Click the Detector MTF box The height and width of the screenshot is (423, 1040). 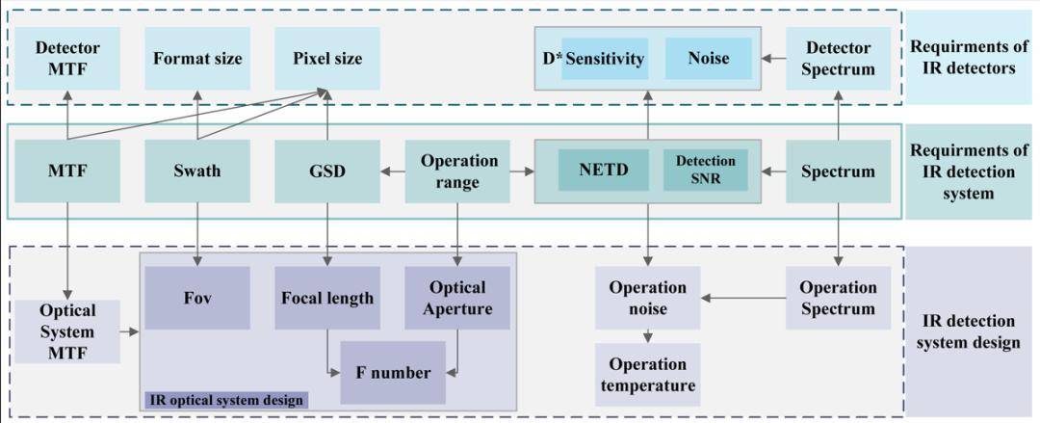tap(67, 59)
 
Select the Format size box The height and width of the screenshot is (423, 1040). tap(197, 59)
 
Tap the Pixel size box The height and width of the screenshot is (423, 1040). tap(327, 59)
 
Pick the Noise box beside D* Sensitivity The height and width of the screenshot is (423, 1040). tap(709, 59)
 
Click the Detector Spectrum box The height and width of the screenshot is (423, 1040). tap(838, 59)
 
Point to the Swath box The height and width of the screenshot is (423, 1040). tap(197, 172)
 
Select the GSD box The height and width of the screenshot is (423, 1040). tap(327, 172)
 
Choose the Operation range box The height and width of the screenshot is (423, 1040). tap(457, 172)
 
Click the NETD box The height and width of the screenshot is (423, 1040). tap(604, 170)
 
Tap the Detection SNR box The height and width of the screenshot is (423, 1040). tap(706, 170)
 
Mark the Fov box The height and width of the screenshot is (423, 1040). tap(197, 298)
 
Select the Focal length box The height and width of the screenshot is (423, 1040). tap(327, 298)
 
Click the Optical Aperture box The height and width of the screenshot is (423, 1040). tap(457, 298)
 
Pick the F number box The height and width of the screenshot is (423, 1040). tap(393, 373)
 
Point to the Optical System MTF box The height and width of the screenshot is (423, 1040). tap(67, 331)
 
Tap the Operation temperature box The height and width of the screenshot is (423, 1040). tap(648, 375)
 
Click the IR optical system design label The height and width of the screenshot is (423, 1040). tap(226, 400)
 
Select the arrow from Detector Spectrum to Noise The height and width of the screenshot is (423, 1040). tap(773, 59)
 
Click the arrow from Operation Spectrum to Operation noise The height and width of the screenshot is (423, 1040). tap(742, 298)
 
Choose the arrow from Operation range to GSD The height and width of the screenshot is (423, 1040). tap(393, 172)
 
